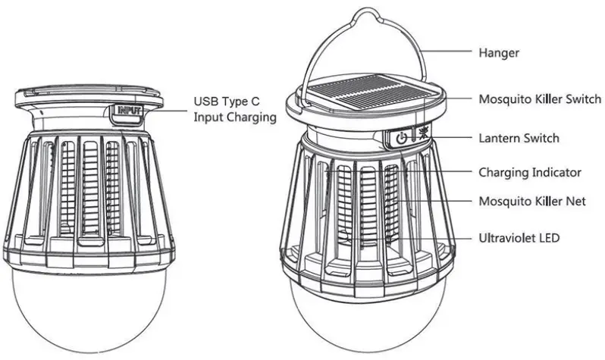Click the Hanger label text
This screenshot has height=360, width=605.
point(499,53)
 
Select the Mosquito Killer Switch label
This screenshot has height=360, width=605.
point(540,99)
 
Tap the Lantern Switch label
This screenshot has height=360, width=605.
point(519,138)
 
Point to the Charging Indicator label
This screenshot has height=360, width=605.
point(530,172)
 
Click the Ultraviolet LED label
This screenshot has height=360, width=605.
point(519,238)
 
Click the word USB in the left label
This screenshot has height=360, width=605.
point(206,101)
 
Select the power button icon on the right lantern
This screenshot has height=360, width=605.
point(402,138)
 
